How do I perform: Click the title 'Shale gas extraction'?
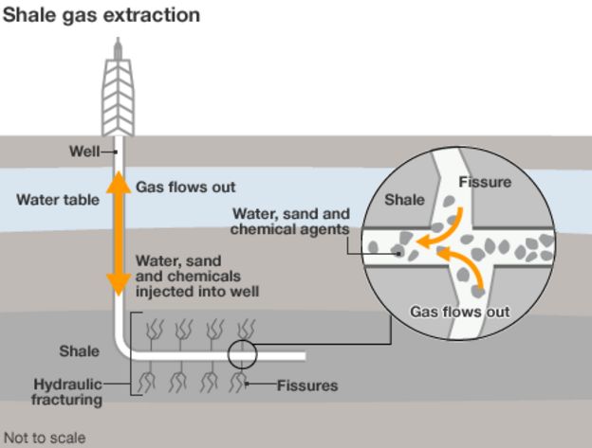coord(100,15)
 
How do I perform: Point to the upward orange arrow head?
coord(118,182)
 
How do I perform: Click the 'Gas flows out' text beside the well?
coord(186,187)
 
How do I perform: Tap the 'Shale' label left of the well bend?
coord(79,351)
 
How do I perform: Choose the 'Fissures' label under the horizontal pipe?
coord(307,385)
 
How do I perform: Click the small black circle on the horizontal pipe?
coord(243,356)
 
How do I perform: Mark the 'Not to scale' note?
coord(44,438)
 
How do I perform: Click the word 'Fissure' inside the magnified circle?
coord(485,182)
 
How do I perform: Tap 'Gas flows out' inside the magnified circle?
coord(459,312)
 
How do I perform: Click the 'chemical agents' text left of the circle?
coord(290,228)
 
